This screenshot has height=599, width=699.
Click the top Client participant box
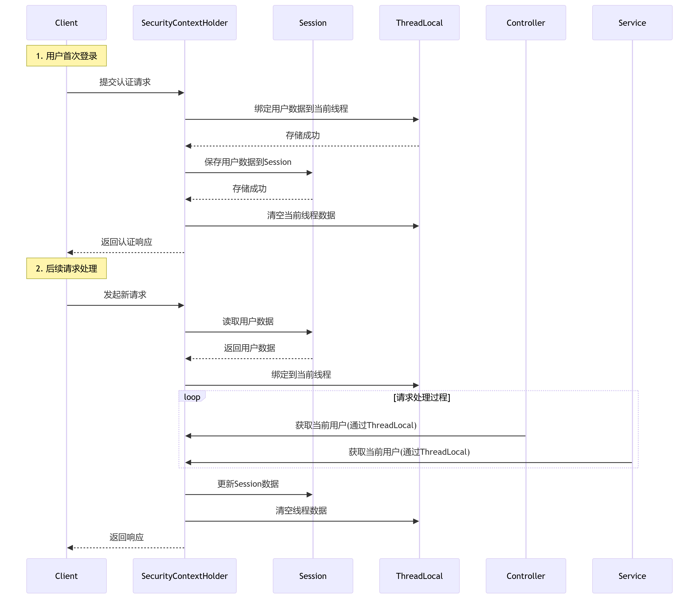(x=67, y=23)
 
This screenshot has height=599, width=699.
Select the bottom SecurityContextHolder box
(x=185, y=576)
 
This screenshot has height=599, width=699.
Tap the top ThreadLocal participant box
(x=419, y=23)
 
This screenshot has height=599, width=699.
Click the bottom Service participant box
(x=632, y=576)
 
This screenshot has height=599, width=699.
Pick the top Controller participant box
(x=526, y=23)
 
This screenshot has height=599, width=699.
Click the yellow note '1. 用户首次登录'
(x=67, y=56)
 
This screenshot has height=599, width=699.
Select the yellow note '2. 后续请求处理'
(x=67, y=268)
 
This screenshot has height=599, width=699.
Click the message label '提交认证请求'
(x=125, y=82)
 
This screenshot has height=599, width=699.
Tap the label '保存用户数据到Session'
(x=248, y=162)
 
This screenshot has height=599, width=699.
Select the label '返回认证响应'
(x=127, y=242)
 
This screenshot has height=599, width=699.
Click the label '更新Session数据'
(x=248, y=484)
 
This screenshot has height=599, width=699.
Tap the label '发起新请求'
(x=125, y=295)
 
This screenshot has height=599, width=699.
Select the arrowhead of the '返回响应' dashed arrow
(x=70, y=548)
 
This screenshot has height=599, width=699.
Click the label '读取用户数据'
(x=248, y=322)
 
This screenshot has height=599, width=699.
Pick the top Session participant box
(x=313, y=23)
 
